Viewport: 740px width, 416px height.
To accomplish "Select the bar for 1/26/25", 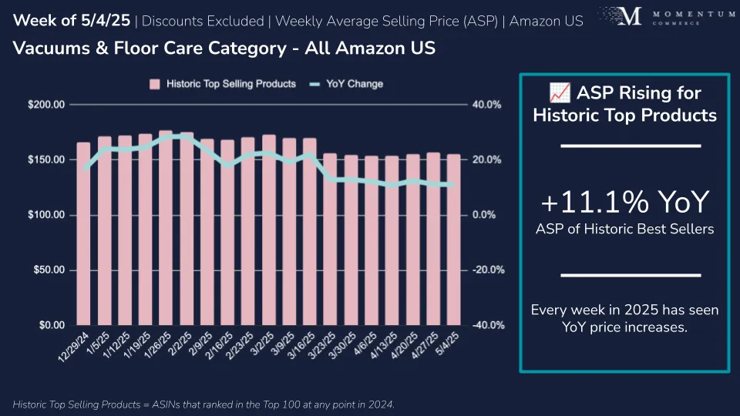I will click(166, 231).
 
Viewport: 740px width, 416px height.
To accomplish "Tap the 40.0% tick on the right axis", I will click(486, 105).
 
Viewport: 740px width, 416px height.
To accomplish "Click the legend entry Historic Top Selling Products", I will click(223, 84).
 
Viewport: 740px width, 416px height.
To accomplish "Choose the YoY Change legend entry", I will click(346, 84).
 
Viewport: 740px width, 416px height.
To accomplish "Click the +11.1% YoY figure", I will click(624, 203).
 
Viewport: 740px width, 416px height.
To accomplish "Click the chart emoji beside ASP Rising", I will click(559, 94).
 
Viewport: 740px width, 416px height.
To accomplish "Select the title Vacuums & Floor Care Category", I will click(224, 49).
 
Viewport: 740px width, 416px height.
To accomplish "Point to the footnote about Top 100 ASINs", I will click(203, 404).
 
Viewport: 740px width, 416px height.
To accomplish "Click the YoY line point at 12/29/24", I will click(84, 168).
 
